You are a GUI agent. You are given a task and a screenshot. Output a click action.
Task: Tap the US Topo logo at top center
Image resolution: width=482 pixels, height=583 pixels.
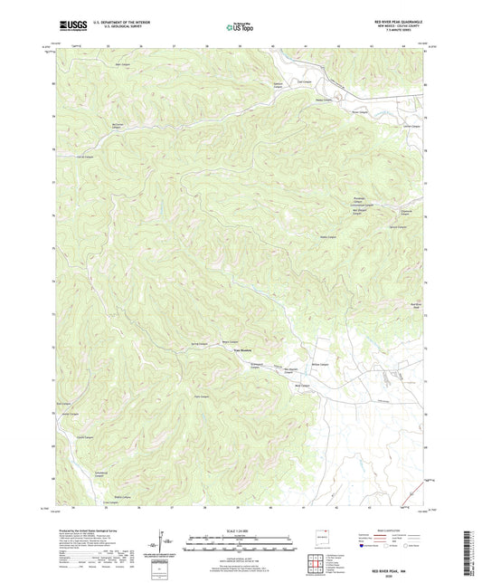point(239,27)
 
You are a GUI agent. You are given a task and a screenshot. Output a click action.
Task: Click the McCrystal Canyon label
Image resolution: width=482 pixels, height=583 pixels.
point(90,127)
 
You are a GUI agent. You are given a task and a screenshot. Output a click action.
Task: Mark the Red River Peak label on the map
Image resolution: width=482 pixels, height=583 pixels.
point(417,306)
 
